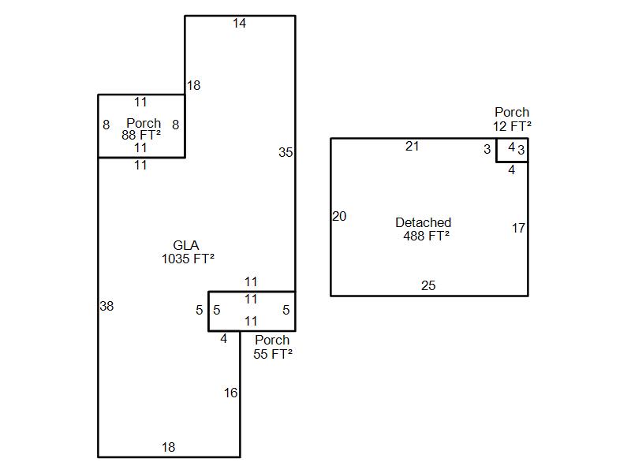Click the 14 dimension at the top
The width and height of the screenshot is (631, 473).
(240, 24)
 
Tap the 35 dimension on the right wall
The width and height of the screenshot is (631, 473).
(286, 153)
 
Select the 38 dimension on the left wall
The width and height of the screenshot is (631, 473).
(106, 306)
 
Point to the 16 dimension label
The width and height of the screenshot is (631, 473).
(230, 393)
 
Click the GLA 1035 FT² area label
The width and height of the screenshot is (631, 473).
(188, 252)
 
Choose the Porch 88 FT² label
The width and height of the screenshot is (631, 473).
(143, 129)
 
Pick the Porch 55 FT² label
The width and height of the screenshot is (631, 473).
(272, 347)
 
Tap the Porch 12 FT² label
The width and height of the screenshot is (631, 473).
(512, 119)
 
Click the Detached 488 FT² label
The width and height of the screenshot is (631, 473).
(424, 229)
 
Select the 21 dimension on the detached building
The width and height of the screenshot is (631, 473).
(413, 146)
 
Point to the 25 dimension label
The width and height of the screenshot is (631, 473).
(428, 286)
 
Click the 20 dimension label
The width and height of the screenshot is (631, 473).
(339, 216)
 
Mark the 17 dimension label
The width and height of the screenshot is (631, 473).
(518, 229)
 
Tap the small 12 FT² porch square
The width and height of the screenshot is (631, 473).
(512, 150)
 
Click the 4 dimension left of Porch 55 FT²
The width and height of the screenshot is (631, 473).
(224, 339)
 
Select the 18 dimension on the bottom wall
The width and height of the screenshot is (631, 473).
(169, 448)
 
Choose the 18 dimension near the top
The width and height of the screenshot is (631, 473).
(193, 86)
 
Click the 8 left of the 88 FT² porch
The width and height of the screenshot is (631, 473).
(106, 125)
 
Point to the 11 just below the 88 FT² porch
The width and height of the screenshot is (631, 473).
(140, 166)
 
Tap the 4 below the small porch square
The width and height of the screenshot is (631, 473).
(511, 169)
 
